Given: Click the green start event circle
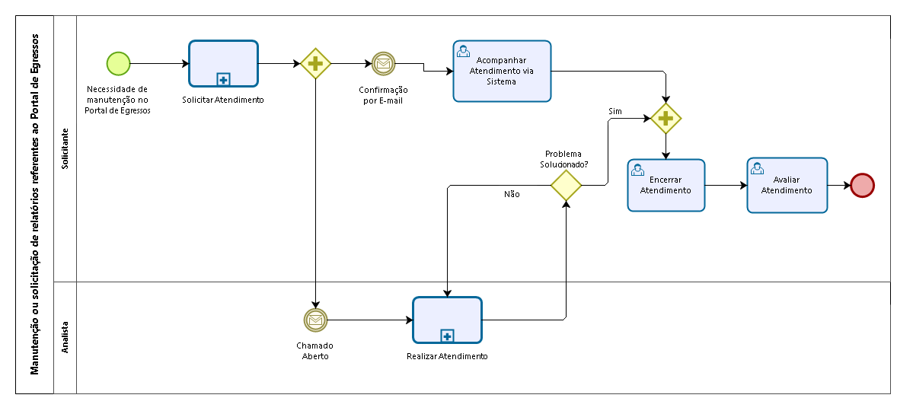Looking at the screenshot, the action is coord(119,63).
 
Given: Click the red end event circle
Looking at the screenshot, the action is coord(862,185).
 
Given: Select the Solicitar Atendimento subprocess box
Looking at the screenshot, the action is coord(223,63).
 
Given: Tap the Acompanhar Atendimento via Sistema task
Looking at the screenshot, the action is coord(502,71).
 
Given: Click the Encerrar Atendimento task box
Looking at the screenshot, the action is coord(666,185).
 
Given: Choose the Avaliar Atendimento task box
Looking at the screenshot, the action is coord(787,185).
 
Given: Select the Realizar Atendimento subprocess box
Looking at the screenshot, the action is coord(447,320).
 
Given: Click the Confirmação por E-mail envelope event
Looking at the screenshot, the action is coord(383,63).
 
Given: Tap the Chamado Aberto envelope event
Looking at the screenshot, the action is coord(316,320).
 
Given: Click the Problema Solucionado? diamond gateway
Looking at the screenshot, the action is coord(567,185).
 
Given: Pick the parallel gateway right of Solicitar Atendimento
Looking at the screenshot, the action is coord(316,63).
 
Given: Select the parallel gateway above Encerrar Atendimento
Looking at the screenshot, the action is coord(666,119).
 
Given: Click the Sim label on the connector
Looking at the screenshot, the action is coord(615,112).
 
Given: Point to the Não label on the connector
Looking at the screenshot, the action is coord(512,194).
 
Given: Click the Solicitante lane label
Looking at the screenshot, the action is coord(65,148).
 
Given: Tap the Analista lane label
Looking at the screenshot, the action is coord(65,337).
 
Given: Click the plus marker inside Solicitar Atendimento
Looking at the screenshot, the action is coord(224,79).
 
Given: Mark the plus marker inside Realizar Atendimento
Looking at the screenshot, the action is coord(447,336).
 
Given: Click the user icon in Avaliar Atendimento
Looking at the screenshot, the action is coord(758,168).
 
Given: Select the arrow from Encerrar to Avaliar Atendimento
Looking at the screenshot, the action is coord(726,185).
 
